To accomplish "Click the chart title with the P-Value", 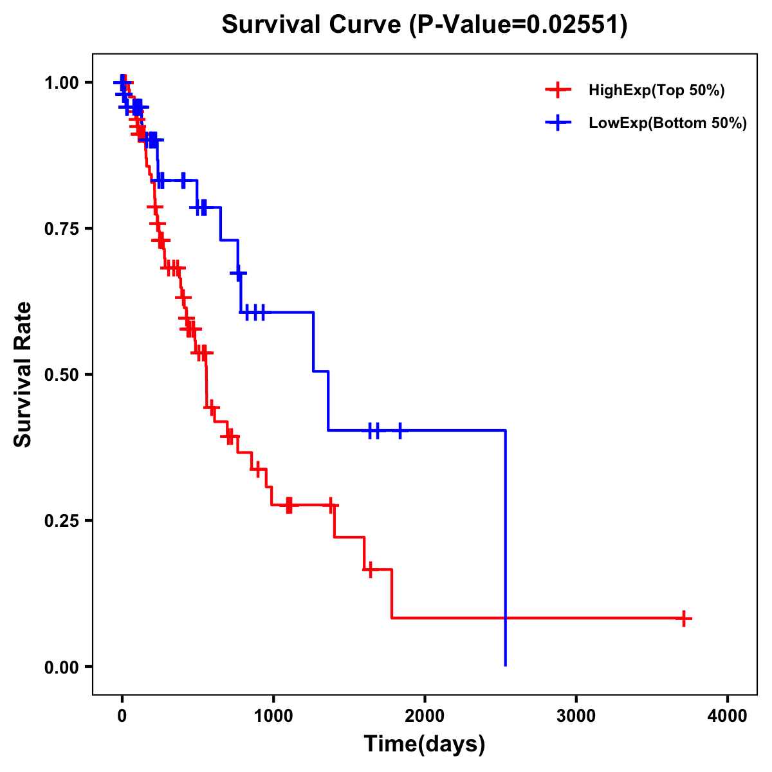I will click(424, 24).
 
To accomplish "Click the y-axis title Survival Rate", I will click(23, 374).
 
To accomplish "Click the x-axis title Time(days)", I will click(425, 744).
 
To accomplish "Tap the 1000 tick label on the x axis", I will click(273, 716).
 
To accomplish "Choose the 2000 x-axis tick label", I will click(425, 716).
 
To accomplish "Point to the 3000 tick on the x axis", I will click(576, 716).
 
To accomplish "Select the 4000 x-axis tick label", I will click(728, 716).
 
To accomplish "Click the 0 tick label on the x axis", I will click(122, 716).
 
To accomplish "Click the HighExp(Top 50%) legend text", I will click(657, 91).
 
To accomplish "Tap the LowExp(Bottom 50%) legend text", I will click(668, 124).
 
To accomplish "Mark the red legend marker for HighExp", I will click(558, 90).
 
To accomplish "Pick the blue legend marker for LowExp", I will click(558, 123).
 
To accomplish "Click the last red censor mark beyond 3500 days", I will click(684, 618).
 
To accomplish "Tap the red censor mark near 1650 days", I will click(369, 569).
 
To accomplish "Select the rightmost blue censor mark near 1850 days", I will click(400, 430).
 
